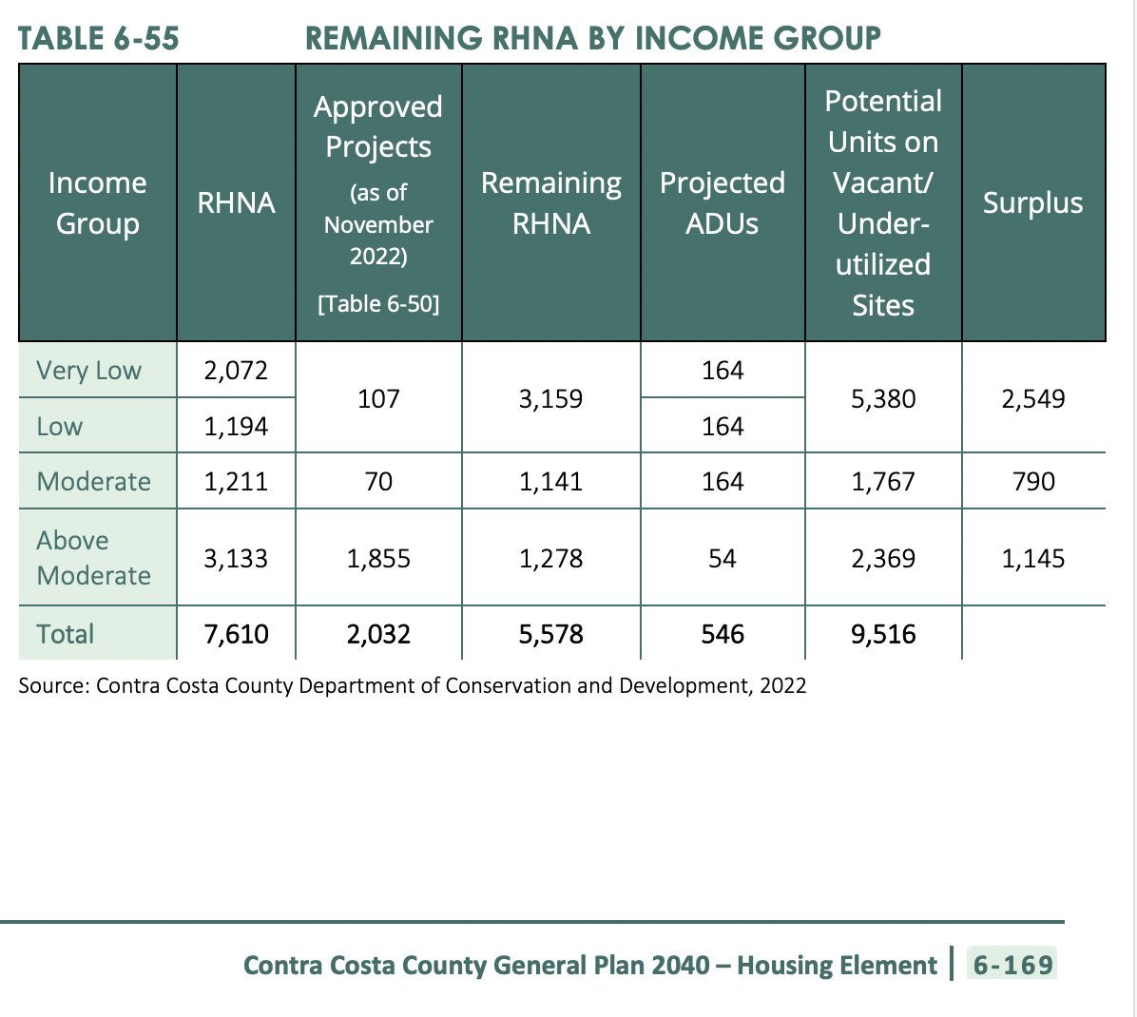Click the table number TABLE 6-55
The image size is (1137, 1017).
[98, 39]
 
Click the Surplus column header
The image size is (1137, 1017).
[1032, 203]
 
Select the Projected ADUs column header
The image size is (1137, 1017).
[723, 203]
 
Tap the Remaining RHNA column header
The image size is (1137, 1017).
[551, 203]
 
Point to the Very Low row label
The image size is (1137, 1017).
[88, 371]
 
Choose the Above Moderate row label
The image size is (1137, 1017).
[93, 558]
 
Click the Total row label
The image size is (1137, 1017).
[65, 634]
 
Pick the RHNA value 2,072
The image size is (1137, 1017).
[236, 371]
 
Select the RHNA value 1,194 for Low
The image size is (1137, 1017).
[236, 427]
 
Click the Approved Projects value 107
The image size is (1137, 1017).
[378, 398]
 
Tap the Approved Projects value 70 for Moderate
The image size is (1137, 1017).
[378, 482]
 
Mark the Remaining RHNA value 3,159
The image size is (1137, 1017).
[550, 398]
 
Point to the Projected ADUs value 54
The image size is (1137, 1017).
[723, 559]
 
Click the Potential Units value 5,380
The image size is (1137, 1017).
[883, 398]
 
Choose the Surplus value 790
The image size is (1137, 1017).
[1033, 482]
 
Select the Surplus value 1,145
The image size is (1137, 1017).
[1033, 559]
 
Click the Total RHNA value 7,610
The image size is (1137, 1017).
[236, 634]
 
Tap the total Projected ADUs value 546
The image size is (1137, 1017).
[723, 634]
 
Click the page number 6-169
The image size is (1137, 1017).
[1012, 966]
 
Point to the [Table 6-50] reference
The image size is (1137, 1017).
[378, 304]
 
